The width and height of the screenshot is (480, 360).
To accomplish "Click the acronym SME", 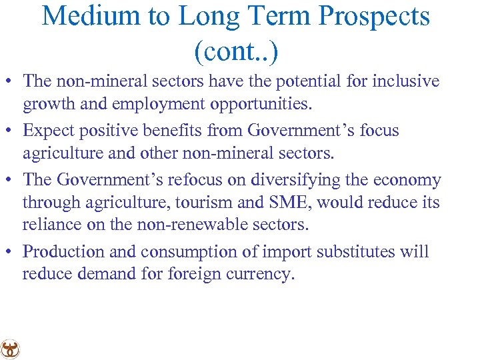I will [290, 203].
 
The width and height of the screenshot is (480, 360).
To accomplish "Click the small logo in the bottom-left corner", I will [10, 349].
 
